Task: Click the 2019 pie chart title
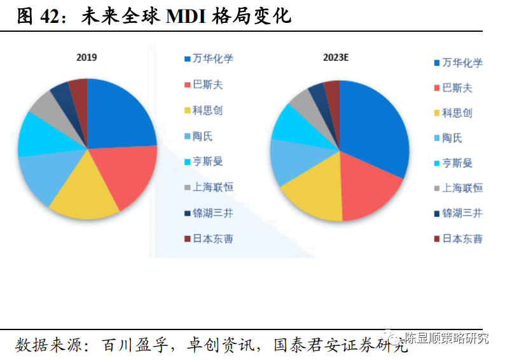[x=86, y=58]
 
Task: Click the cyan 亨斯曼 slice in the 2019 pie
[x=35, y=134]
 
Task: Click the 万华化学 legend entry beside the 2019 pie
[x=208, y=59]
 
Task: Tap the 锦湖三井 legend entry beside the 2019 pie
[x=208, y=213]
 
